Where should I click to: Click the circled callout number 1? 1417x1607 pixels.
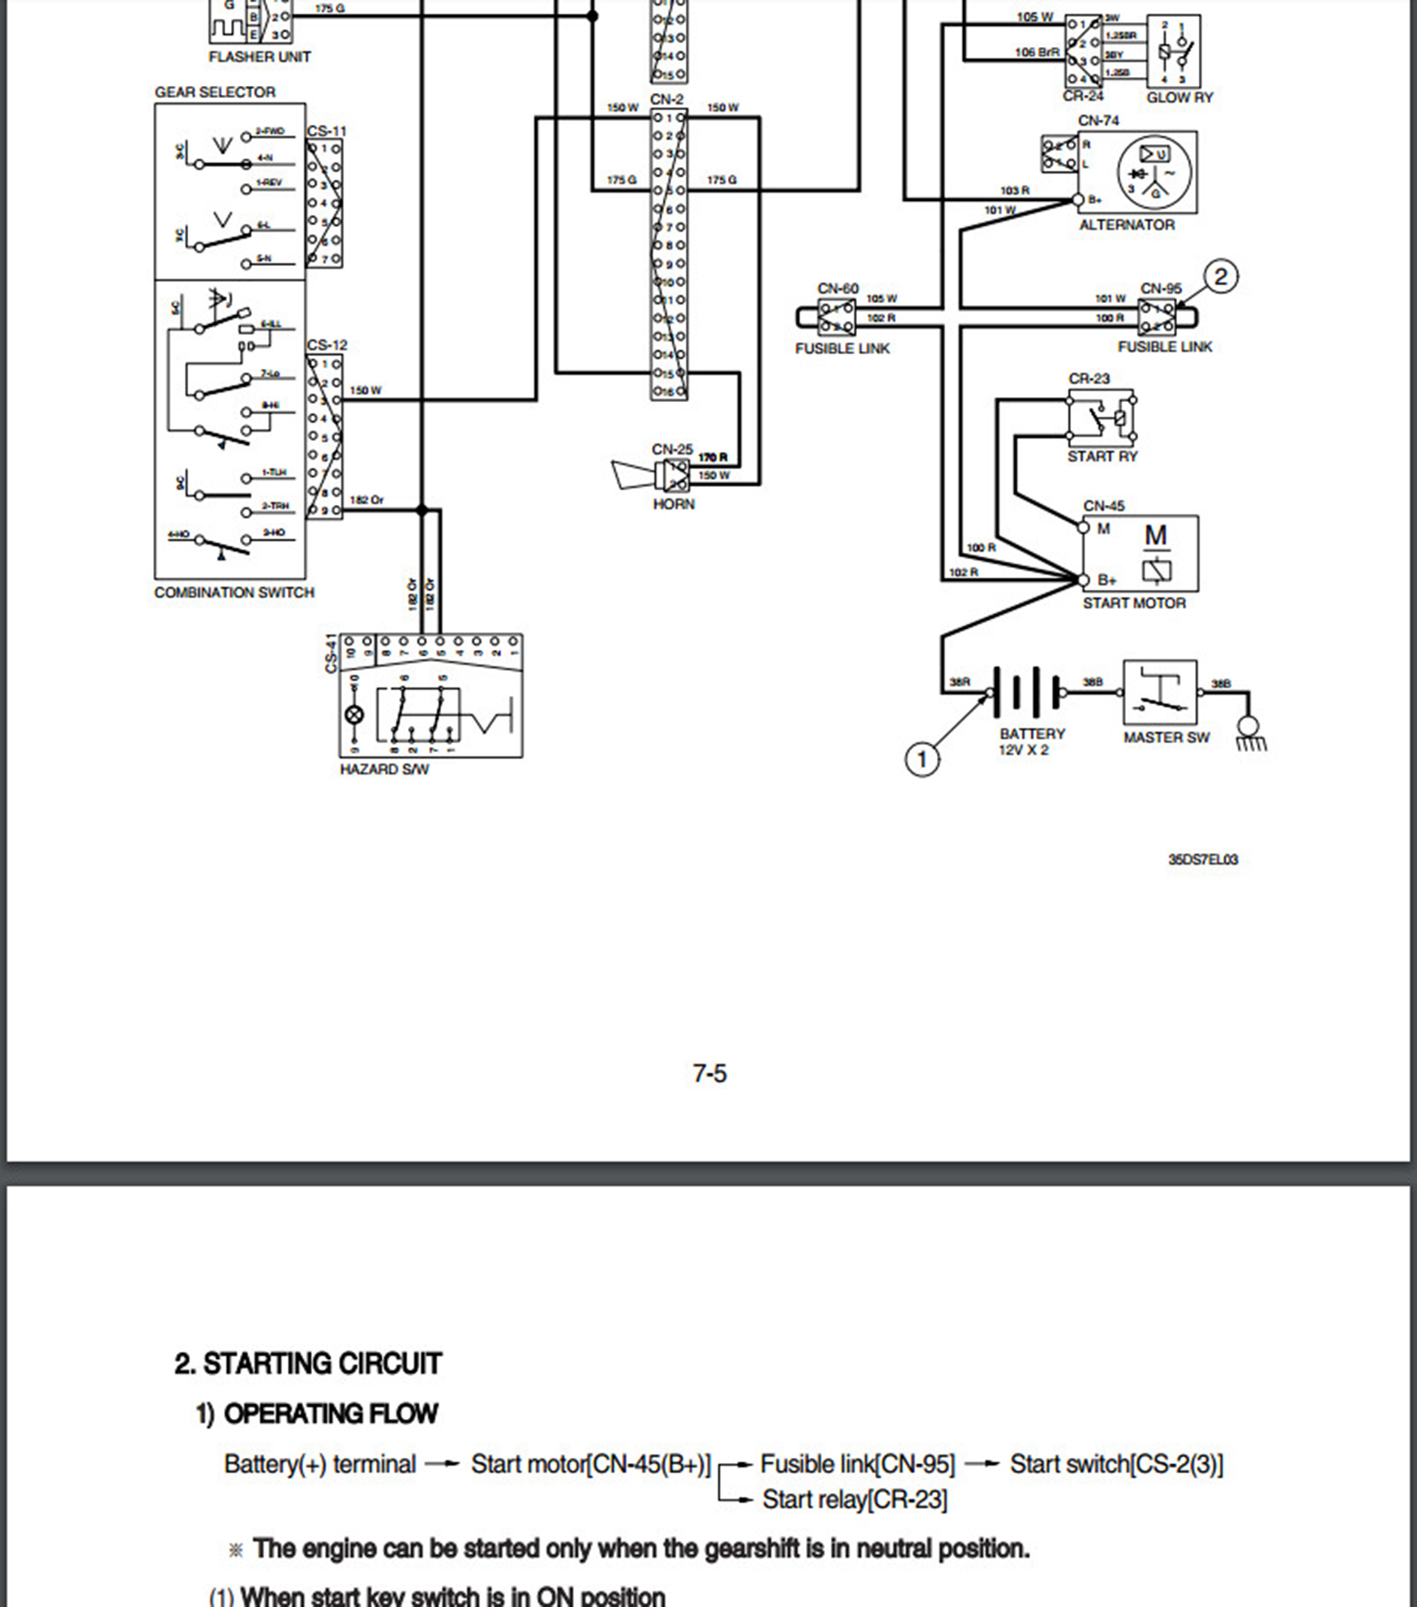point(921,759)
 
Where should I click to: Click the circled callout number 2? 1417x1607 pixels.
point(1221,277)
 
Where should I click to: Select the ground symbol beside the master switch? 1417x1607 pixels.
point(1249,733)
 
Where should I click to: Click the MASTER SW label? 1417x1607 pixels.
point(1166,737)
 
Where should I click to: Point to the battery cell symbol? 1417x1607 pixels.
point(1025,693)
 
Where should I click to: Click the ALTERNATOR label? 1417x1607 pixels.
point(1126,225)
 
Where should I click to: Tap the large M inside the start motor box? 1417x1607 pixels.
point(1155,536)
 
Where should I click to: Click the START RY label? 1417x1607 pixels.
point(1102,456)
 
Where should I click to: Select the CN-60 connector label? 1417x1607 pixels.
point(837,288)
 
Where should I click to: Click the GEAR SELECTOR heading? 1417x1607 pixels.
point(215,92)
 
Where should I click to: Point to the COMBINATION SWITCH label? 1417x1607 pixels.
point(233,592)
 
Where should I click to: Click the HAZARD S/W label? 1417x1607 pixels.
point(384,769)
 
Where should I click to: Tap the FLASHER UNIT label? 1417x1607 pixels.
point(259,57)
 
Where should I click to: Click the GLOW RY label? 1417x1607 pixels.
point(1179,97)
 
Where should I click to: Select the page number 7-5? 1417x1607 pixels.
point(709,1074)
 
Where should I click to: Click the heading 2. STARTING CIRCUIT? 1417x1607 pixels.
point(308,1364)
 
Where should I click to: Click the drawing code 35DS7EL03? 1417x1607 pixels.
point(1203,859)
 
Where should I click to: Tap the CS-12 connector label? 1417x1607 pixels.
point(327,345)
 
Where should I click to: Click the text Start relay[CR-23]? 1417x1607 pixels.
point(854,1500)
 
